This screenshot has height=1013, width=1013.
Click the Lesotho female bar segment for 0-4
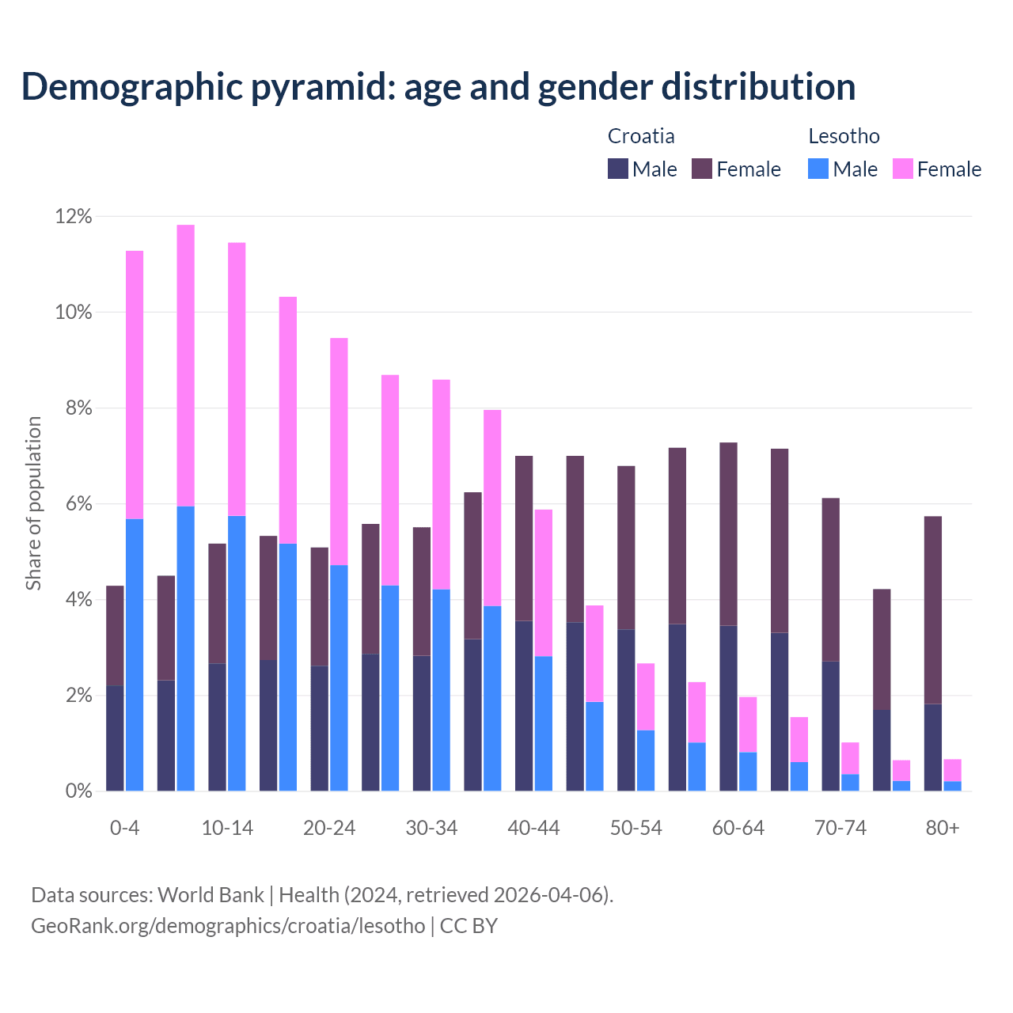point(135,385)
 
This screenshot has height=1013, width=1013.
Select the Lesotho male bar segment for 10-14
point(237,653)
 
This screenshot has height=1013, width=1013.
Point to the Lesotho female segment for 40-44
point(544,582)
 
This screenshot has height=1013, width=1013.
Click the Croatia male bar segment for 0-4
point(115,738)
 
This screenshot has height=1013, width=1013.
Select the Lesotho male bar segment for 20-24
point(339,677)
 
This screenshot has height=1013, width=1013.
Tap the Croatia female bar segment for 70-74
point(831,579)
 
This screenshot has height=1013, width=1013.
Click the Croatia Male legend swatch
point(618,169)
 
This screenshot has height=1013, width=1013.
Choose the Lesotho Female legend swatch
point(903,169)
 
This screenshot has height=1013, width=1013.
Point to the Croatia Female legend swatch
point(702,169)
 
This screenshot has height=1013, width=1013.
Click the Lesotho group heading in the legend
point(844,136)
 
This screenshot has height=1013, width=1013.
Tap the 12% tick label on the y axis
point(73,216)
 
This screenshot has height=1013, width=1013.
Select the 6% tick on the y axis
point(77,504)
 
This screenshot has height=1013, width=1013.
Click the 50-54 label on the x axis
point(636,828)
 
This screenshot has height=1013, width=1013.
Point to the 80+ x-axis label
point(943,828)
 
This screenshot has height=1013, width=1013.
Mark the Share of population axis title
point(33,503)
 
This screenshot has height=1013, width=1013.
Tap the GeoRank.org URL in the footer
point(228,925)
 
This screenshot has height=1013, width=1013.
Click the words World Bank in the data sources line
point(211,895)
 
